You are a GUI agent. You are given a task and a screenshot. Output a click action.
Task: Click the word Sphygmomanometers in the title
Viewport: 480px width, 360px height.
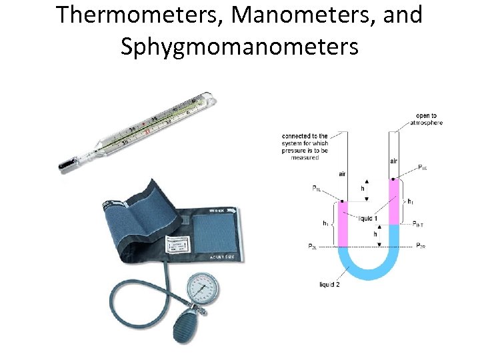coord(239,46)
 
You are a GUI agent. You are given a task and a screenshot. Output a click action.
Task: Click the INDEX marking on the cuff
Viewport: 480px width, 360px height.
coord(217,211)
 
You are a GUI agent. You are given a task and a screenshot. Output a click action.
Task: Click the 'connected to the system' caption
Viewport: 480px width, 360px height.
coord(305,146)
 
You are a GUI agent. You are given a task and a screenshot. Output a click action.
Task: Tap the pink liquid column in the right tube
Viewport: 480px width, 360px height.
coord(393,202)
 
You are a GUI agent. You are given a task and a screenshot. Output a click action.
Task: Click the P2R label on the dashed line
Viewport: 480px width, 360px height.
coord(420,247)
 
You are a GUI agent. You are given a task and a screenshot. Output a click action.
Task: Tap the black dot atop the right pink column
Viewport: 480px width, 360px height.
coord(393,179)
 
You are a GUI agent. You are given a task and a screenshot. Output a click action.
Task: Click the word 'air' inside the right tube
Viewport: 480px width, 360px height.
coord(393,161)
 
